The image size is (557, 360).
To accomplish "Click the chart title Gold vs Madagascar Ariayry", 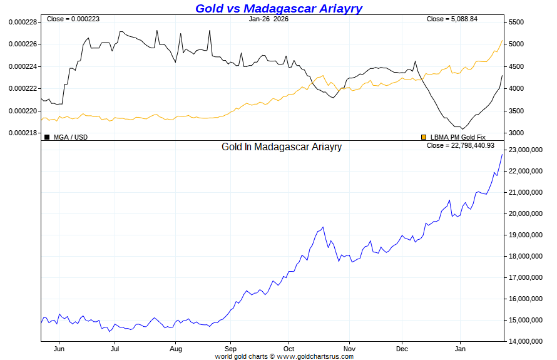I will point(278,8).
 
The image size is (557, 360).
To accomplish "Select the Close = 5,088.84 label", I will point(452,19).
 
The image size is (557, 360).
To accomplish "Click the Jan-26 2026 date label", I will point(268,19).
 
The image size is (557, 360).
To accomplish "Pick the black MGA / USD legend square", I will point(47,136).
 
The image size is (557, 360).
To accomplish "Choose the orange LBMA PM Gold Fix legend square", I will point(424,136).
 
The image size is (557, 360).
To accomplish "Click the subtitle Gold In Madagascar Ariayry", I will point(282,147).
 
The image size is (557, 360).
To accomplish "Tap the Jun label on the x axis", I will point(59,348).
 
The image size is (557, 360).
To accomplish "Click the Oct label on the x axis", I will point(289,348).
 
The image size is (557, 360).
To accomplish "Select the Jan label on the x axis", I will point(461,348).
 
